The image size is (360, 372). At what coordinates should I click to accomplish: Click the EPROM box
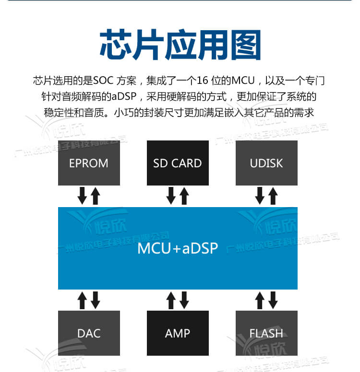tap(89, 163)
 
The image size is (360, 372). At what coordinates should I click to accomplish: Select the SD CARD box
tap(178, 163)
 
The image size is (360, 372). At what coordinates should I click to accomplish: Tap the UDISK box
tap(266, 163)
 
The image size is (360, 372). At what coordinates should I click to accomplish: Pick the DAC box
tap(89, 333)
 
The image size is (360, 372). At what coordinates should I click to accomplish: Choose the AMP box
tap(178, 333)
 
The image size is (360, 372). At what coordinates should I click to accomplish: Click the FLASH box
tap(266, 333)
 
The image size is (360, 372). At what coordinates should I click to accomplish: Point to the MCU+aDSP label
tap(178, 248)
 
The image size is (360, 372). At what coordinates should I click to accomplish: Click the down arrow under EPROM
tap(82, 196)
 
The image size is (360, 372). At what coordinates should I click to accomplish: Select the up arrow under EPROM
tap(95, 196)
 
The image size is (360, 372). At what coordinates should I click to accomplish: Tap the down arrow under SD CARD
tap(171, 196)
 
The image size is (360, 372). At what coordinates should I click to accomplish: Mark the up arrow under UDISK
tap(273, 196)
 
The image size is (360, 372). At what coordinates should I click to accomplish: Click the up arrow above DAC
tap(82, 300)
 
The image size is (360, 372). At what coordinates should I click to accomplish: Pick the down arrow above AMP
tap(184, 300)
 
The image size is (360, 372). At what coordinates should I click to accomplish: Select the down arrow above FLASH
tap(273, 300)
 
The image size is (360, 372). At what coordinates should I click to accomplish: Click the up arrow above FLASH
tap(260, 300)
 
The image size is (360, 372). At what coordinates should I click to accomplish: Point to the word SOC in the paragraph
tap(103, 80)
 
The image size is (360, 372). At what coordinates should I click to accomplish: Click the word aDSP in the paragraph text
tap(124, 96)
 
